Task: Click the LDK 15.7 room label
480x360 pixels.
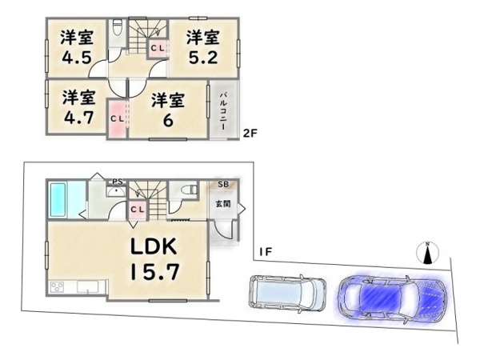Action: tap(154, 258)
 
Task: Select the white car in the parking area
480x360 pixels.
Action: tap(287, 293)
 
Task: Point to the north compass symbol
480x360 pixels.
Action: tap(428, 253)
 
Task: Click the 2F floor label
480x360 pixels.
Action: tap(250, 133)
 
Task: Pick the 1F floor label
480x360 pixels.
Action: tap(266, 252)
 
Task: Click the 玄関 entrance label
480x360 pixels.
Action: tap(223, 203)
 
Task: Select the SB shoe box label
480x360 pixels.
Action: tap(223, 184)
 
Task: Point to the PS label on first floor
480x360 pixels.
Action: tap(118, 182)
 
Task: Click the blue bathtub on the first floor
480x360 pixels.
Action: tap(58, 200)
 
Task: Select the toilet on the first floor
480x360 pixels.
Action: tap(188, 190)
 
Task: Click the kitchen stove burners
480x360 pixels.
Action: tap(58, 287)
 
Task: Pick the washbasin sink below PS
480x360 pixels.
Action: tap(115, 192)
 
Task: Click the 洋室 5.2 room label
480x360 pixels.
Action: tap(203, 47)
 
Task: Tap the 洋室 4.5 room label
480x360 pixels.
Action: tap(77, 46)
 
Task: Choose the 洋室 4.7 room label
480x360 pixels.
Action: tap(78, 107)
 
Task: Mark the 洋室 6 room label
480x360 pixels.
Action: tap(168, 110)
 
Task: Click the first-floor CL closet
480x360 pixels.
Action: tap(138, 210)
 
